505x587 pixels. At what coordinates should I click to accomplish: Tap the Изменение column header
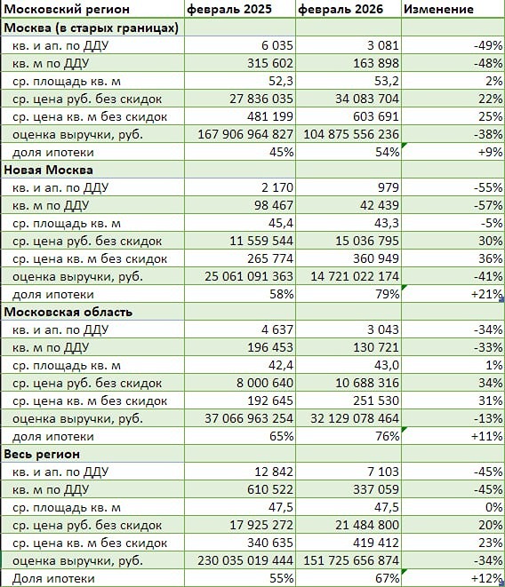[438, 9]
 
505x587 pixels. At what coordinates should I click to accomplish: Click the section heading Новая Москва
[49, 169]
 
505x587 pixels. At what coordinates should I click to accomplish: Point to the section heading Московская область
[68, 312]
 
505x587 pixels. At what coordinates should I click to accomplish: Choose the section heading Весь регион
[43, 454]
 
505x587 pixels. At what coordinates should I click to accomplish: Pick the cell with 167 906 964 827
[241, 134]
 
